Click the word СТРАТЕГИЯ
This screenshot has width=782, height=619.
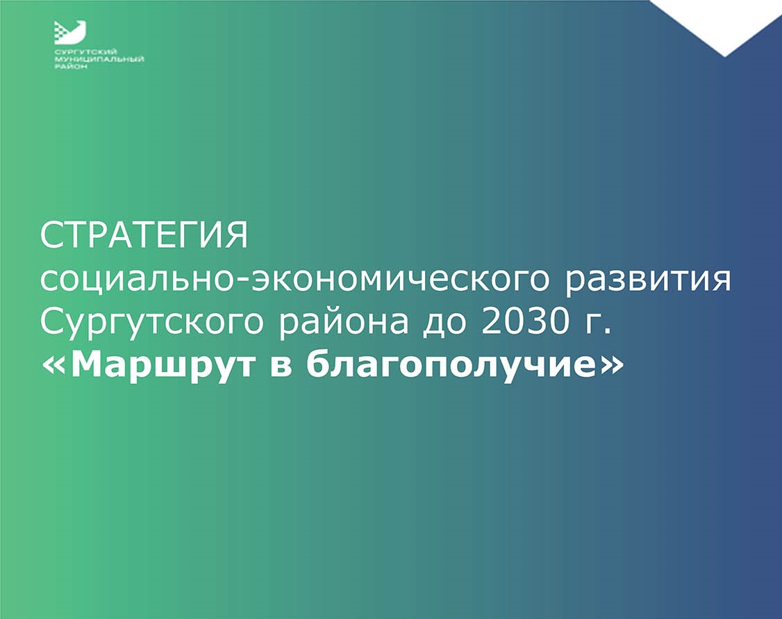(x=144, y=236)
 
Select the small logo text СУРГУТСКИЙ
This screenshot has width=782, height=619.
(x=85, y=52)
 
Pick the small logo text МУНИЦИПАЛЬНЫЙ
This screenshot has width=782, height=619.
(x=99, y=59)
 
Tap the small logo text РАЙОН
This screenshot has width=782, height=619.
(x=70, y=67)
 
